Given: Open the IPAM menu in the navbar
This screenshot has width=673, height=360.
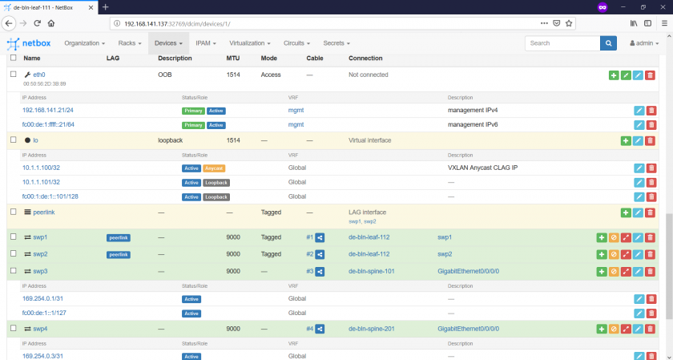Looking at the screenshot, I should pos(208,42).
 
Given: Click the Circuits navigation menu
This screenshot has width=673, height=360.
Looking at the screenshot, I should pos(297,42).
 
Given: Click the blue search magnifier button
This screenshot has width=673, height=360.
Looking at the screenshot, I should pos(609,42).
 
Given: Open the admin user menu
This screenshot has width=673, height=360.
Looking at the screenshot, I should pos(647,42).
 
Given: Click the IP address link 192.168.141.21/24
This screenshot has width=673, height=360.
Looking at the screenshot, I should pos(48,110).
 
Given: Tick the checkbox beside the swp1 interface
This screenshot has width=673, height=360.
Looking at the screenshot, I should pos(13,237).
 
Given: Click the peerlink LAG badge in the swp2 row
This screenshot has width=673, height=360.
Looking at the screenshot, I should pos(118,254).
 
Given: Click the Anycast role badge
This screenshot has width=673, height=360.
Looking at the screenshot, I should pos(215,168).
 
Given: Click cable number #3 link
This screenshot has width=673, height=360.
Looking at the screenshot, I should pos(310,271).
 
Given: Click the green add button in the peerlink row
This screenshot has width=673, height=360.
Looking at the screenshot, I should pos(625,212).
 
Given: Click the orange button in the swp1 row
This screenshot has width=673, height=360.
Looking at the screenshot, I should pos(613,237).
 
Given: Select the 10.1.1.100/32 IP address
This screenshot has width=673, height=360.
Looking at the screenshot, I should pos(41,168).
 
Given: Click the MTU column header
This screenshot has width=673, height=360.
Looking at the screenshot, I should pos(232,59).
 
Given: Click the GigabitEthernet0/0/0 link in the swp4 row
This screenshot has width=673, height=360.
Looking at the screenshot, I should pos(468,329).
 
